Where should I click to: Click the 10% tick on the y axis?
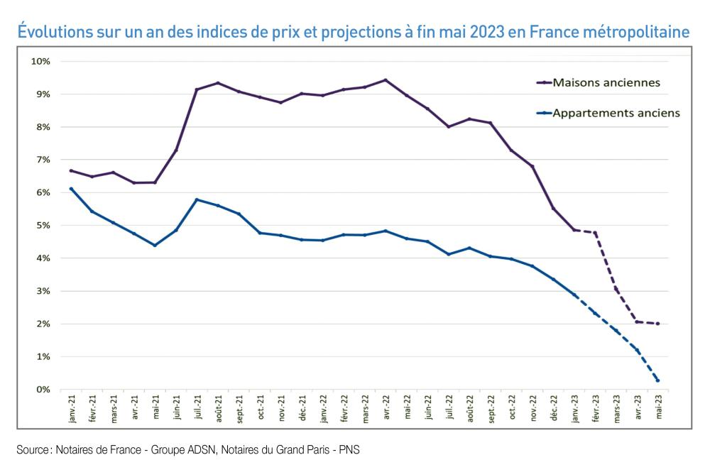tap(40, 62)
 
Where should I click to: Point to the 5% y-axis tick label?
tap(43, 226)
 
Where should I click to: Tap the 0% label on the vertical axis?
tap(43, 390)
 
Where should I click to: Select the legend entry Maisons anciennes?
tap(606, 82)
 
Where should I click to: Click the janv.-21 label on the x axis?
tap(72, 410)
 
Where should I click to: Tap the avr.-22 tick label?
tap(386, 410)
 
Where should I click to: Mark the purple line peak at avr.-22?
tap(386, 80)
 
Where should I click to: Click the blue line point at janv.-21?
tap(71, 189)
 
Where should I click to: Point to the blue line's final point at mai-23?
tap(658, 380)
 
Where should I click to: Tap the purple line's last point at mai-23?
tap(658, 324)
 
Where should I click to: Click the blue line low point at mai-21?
tap(155, 246)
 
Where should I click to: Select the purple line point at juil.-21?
tap(197, 89)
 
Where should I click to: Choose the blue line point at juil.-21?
tap(197, 199)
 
